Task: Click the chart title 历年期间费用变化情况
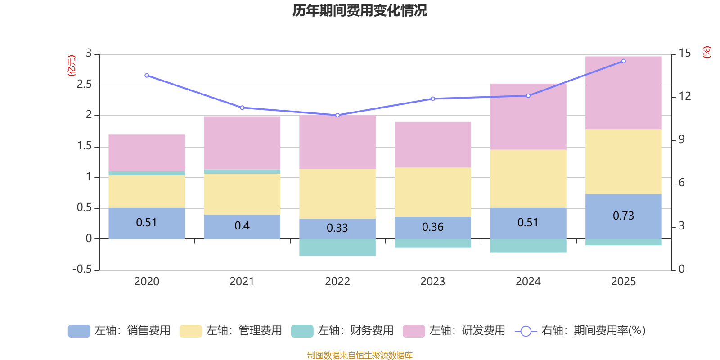click(x=360, y=10)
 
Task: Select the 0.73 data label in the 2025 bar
click(x=623, y=216)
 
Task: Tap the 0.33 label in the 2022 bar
click(x=337, y=228)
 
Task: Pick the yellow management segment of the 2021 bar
click(x=242, y=193)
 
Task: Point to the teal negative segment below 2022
click(x=337, y=247)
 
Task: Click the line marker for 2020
click(x=147, y=76)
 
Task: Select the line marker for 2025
click(x=623, y=61)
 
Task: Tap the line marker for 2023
click(x=433, y=99)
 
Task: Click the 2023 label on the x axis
click(x=432, y=282)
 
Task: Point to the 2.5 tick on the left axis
click(x=84, y=85)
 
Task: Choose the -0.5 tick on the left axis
click(x=82, y=269)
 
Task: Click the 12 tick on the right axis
click(x=684, y=96)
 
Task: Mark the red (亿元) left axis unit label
click(x=71, y=66)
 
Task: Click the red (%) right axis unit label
click(x=706, y=52)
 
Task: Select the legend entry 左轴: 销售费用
click(x=119, y=331)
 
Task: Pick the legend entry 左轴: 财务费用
click(x=342, y=331)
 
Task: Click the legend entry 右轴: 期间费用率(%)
click(x=580, y=331)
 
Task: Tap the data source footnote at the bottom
click(x=360, y=355)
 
